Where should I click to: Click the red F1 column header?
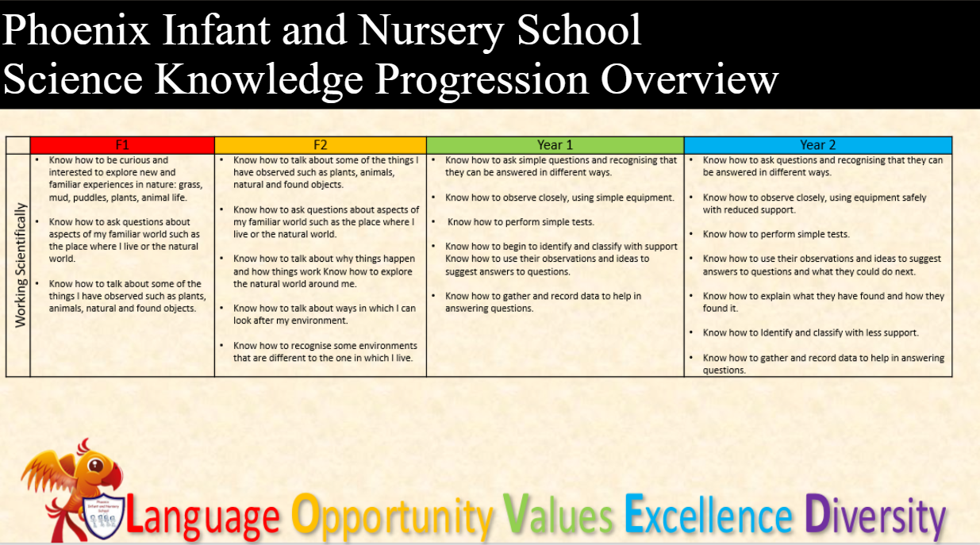click(x=122, y=145)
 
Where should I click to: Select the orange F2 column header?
click(x=321, y=145)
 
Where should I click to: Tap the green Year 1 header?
click(x=555, y=145)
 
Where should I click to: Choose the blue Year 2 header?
click(x=817, y=145)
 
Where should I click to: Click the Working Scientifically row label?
click(x=21, y=265)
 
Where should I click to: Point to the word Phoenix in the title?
click(x=75, y=30)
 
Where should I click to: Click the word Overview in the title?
click(x=689, y=79)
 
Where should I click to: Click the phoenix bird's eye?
click(x=95, y=465)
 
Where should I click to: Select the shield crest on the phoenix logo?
click(x=103, y=517)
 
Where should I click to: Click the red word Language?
click(x=202, y=517)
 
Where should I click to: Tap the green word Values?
click(x=559, y=514)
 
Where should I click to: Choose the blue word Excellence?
click(x=709, y=514)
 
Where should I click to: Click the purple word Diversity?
click(x=875, y=517)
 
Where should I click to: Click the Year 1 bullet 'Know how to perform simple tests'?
click(x=521, y=222)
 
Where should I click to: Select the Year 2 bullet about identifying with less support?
click(x=810, y=333)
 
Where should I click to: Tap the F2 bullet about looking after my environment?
click(x=325, y=314)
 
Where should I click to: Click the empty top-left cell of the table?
click(x=18, y=145)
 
